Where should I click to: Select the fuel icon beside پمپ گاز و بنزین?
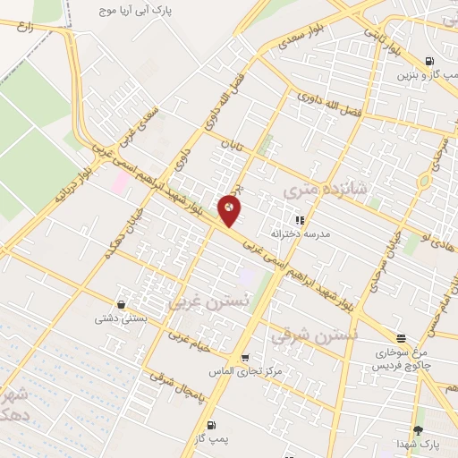pyautogui.click(x=432, y=62)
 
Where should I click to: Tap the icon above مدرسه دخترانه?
pyautogui.click(x=300, y=219)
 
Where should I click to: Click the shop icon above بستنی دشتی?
pyautogui.click(x=122, y=304)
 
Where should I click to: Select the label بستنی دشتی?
pyautogui.click(x=122, y=318)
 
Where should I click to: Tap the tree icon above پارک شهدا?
pyautogui.click(x=418, y=430)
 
